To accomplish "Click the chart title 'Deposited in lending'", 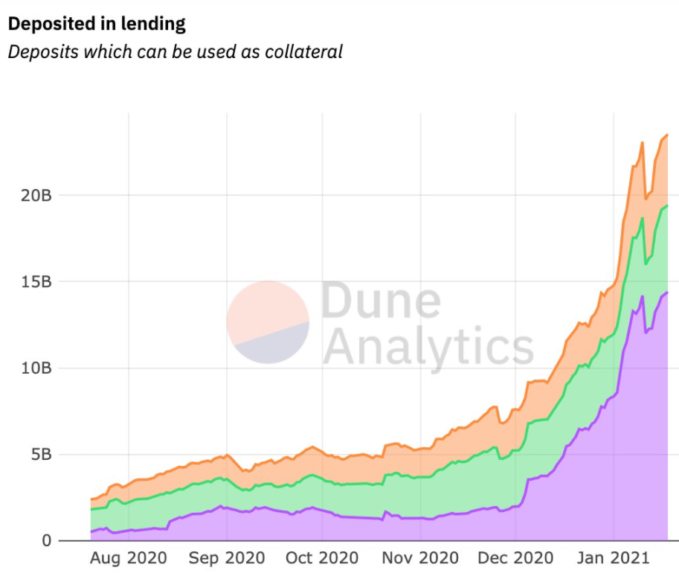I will click(x=96, y=24).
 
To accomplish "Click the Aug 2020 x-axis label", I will click(x=128, y=557).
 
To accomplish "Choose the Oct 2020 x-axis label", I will click(x=322, y=557).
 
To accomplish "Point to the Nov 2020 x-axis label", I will click(x=420, y=557).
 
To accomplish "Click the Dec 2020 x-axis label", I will click(x=516, y=557).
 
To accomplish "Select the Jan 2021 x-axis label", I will click(x=614, y=557).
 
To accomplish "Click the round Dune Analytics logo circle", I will click(x=268, y=322).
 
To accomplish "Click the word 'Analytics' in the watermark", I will click(x=429, y=346).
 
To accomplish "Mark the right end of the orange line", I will click(x=667, y=135).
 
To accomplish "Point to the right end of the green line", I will click(x=667, y=206).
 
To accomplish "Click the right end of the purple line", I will click(x=667, y=292).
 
